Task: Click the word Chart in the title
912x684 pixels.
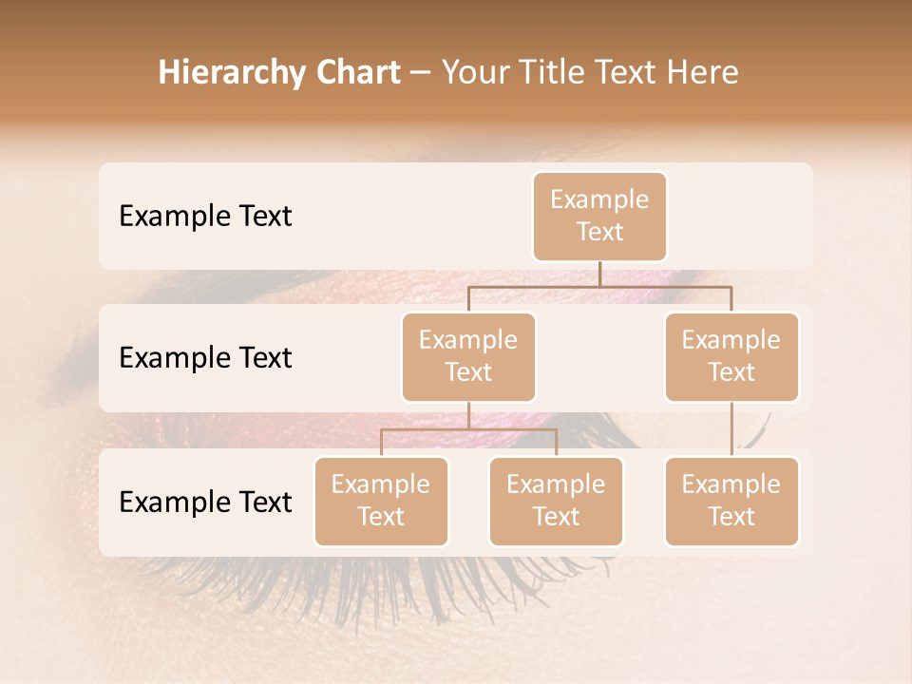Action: pos(353,72)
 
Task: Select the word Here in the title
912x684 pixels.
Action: pos(701,72)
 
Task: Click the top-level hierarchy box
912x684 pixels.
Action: pos(599,217)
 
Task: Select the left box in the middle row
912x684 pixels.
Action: pos(468,356)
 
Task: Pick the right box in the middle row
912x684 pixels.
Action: pos(731,356)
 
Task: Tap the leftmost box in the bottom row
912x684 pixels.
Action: pos(381,501)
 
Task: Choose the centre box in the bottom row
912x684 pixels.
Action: pos(556,501)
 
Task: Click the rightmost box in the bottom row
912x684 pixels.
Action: pos(731,501)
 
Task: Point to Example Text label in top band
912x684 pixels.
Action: pos(205,217)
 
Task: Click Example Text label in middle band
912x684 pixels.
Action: pos(205,358)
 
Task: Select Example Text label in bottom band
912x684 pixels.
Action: pos(205,502)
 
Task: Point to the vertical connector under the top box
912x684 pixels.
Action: pos(599,274)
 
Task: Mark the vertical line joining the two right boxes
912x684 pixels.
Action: pos(731,429)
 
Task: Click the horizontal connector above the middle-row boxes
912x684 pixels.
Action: pos(599,285)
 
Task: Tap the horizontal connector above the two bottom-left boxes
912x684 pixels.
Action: pos(468,429)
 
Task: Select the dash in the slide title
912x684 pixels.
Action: pos(421,72)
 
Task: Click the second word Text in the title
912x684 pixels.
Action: pos(623,72)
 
